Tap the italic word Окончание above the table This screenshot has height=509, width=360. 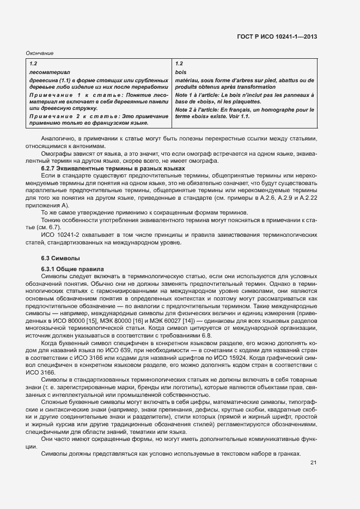[40, 53]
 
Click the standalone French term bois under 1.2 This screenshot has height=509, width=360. [181, 72]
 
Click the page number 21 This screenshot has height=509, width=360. [313, 463]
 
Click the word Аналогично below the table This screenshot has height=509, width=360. [58, 139]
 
